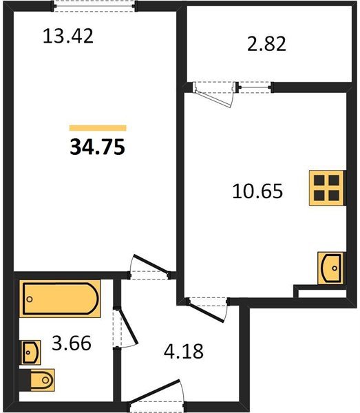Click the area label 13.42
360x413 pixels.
pyautogui.click(x=68, y=36)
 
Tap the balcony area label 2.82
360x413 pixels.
pyautogui.click(x=266, y=44)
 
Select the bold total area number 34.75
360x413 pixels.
pyautogui.click(x=97, y=147)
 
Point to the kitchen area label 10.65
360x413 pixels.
pyautogui.click(x=257, y=191)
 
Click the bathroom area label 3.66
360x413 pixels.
pyautogui.click(x=72, y=343)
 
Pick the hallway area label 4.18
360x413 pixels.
pyautogui.click(x=184, y=351)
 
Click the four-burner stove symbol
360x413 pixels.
pyautogui.click(x=326, y=188)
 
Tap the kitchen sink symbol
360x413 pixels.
pyautogui.click(x=330, y=268)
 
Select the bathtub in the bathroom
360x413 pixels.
pyautogui.click(x=60, y=299)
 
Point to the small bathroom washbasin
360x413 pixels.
pyautogui.click(x=30, y=352)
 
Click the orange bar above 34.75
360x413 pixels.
pyautogui.click(x=98, y=128)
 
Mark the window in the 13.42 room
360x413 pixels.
pyautogui.click(x=94, y=6)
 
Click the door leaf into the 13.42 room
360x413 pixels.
pyautogui.click(x=151, y=264)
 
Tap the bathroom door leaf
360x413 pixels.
pyautogui.click(x=128, y=326)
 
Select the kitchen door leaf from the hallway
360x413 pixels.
pyautogui.click(x=206, y=313)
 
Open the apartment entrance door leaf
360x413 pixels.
pyautogui.click(x=154, y=392)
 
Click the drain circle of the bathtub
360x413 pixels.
pyautogui.click(x=30, y=299)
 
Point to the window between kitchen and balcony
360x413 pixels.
pyautogui.click(x=255, y=87)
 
